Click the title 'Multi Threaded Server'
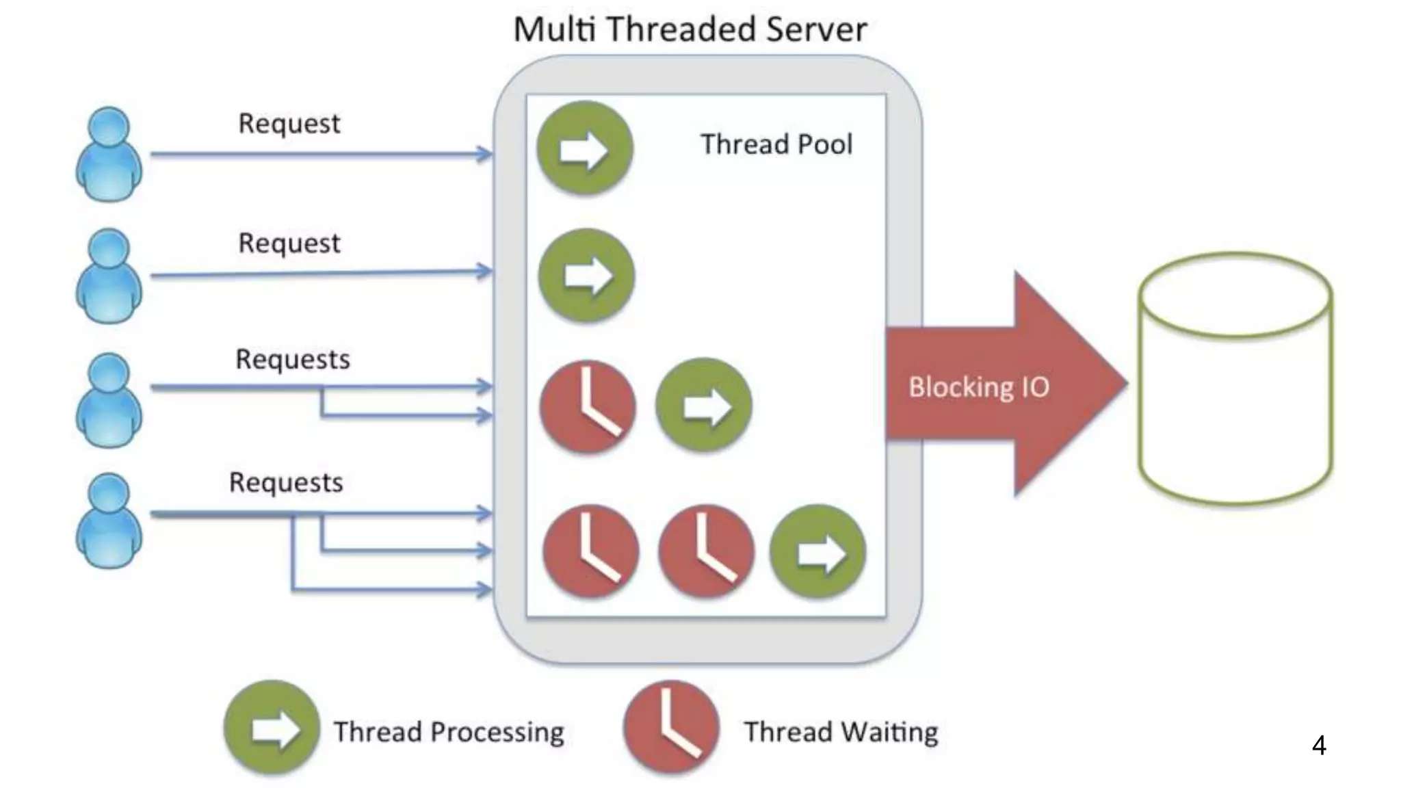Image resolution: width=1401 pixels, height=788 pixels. (690, 29)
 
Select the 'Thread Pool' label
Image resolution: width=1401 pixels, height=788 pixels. (776, 144)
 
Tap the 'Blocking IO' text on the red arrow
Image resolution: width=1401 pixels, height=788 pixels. (978, 387)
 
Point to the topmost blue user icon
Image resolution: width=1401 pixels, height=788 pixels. (109, 154)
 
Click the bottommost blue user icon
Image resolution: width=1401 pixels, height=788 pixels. (109, 521)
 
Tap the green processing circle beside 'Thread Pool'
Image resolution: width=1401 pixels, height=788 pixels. (584, 148)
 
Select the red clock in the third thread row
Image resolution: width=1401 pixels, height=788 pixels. (588, 406)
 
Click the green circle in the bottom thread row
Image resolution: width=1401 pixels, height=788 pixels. (818, 551)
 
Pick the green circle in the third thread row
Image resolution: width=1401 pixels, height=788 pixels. (704, 405)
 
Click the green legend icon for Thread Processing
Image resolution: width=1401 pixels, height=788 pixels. (272, 728)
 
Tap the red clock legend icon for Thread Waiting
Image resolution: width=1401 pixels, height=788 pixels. (671, 727)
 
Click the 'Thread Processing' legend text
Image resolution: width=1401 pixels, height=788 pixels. (449, 732)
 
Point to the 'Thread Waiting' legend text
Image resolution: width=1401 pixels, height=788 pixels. (841, 732)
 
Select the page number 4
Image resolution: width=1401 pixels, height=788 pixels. (1319, 745)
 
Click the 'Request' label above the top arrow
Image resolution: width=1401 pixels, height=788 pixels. (289, 124)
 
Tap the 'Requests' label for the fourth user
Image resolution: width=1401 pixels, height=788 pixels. (286, 482)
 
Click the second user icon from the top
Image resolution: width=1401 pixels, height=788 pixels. (109, 276)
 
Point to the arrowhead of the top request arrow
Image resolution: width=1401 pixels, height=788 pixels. (485, 154)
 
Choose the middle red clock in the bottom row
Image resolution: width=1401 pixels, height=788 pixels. (706, 551)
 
